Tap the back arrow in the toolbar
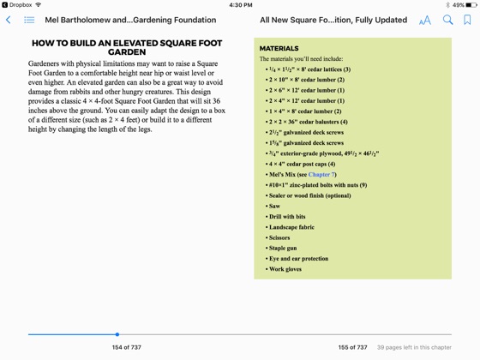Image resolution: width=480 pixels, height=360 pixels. pyautogui.click(x=9, y=20)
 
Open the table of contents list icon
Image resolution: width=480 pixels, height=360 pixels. pyautogui.click(x=29, y=20)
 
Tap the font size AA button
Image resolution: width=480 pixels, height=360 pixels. pyautogui.click(x=425, y=20)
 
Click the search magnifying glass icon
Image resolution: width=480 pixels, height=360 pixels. pyautogui.click(x=447, y=20)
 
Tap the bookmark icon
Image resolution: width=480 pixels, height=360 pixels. pyautogui.click(x=467, y=20)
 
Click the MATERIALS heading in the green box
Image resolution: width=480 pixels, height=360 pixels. pyautogui.click(x=279, y=49)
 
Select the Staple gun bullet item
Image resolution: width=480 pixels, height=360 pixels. pyautogui.click(x=287, y=248)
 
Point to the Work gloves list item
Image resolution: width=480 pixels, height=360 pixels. pyautogui.click(x=285, y=269)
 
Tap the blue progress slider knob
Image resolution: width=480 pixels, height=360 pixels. pyautogui.click(x=117, y=334)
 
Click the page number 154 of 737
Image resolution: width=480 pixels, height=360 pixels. pyautogui.click(x=126, y=347)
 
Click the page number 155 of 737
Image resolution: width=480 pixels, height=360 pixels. pyautogui.click(x=352, y=347)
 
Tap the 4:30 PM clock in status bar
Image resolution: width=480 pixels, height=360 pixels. pyautogui.click(x=240, y=4)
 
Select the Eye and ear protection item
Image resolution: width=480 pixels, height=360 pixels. pyautogui.click(x=298, y=259)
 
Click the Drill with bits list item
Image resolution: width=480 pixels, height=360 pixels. pyautogui.click(x=287, y=217)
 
